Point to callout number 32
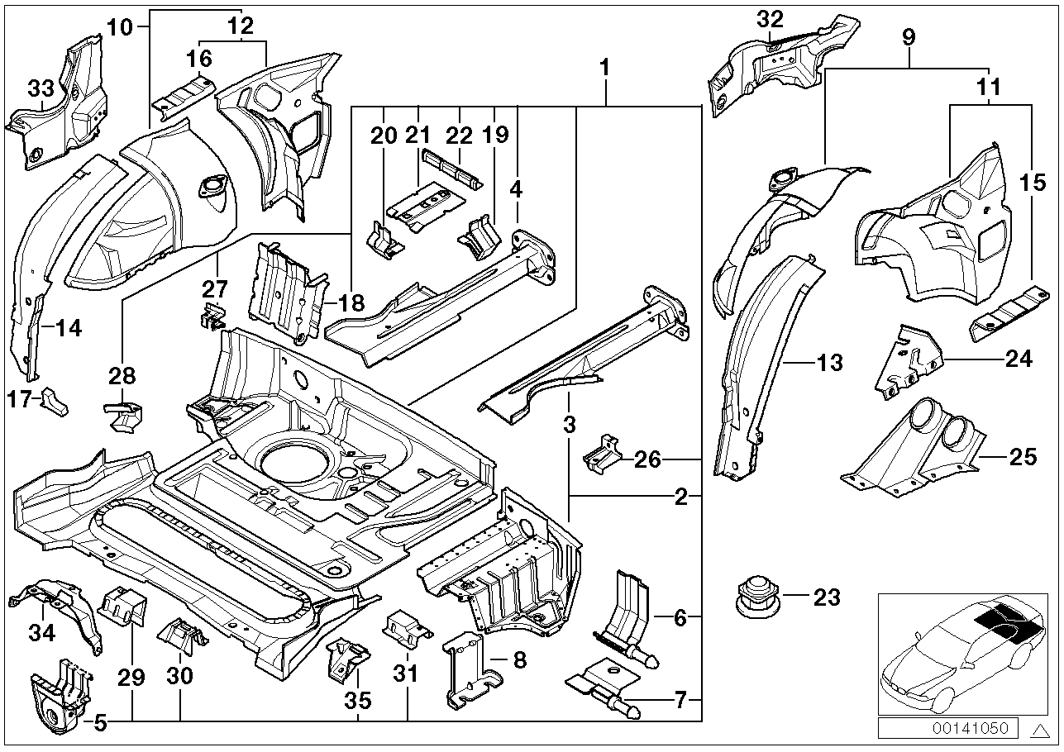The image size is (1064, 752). click(x=770, y=18)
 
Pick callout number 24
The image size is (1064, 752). click(x=1019, y=358)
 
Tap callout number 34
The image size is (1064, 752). click(x=42, y=633)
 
